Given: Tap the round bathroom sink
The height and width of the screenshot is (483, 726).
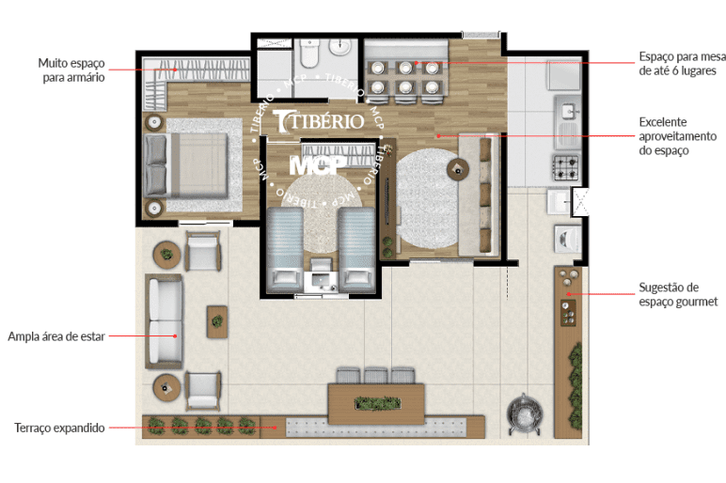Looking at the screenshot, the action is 340,47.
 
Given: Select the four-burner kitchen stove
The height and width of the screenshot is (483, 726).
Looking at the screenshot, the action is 566,167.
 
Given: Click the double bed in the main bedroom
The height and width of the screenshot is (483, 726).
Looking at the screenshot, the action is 186,165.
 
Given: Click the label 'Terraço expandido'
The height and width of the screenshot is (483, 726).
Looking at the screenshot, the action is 59,428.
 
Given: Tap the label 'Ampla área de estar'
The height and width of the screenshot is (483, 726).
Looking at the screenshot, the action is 56,336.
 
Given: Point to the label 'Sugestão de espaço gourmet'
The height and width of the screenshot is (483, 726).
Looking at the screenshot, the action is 678,294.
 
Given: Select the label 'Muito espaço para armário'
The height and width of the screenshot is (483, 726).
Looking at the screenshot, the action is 71,70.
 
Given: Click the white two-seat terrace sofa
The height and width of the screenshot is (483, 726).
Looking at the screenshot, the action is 164,321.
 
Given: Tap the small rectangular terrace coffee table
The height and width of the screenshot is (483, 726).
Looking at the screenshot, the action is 216,321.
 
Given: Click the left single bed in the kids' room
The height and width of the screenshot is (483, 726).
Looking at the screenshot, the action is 285,249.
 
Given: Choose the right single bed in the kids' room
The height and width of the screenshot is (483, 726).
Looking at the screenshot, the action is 356,249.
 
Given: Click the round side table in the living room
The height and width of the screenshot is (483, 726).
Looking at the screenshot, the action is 457,169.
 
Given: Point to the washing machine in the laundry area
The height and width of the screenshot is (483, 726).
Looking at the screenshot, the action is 567,239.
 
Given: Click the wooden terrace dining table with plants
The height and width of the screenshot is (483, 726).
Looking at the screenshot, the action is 376,403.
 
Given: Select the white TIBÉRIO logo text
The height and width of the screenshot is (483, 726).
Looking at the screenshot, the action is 319,121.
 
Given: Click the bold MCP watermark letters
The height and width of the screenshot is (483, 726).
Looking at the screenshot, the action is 318,165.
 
